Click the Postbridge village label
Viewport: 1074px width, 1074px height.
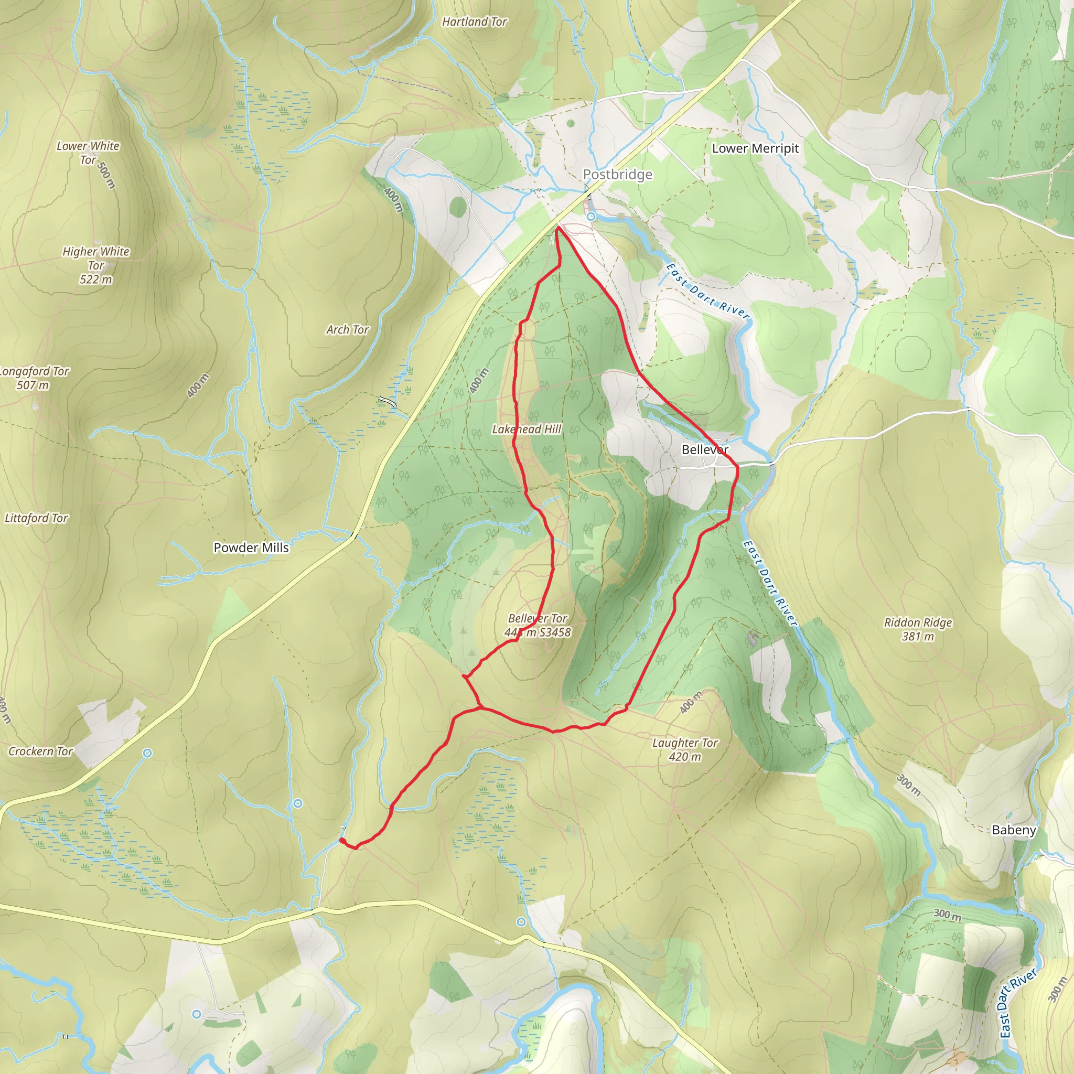coord(617,175)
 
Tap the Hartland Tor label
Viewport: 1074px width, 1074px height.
coord(474,22)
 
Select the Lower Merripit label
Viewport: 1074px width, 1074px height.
coord(755,148)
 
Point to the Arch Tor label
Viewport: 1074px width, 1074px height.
coord(348,330)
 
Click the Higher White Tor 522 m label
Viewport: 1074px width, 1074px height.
coord(95,265)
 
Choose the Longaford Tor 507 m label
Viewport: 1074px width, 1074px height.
coord(34,378)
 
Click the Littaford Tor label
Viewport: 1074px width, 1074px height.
coord(36,518)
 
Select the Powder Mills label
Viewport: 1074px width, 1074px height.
coord(251,547)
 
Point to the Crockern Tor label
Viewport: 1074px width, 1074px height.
coord(40,751)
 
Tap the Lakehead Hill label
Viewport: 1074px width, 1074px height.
coord(527,429)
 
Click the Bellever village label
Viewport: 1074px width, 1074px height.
coord(704,449)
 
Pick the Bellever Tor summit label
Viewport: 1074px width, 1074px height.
coord(538,625)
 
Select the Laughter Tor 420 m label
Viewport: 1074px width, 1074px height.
coord(685,749)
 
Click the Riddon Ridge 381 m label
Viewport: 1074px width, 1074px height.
coord(918,629)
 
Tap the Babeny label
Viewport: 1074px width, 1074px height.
coord(1014,830)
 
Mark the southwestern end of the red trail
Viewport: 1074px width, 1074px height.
coord(341,840)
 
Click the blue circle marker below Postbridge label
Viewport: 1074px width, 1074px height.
coord(592,216)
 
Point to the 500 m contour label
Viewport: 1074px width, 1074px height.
coord(105,175)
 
